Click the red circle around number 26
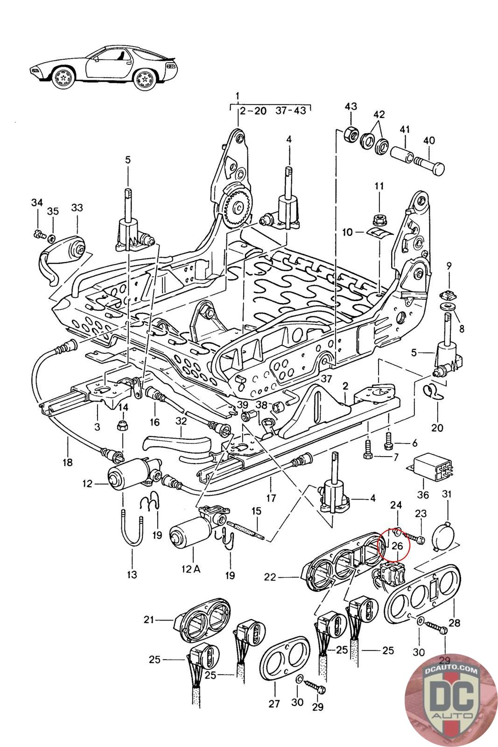pyautogui.click(x=393, y=543)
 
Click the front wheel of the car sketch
pyautogui.click(x=63, y=78)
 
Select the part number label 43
pyautogui.click(x=351, y=106)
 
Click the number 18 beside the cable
pyautogui.click(x=68, y=463)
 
